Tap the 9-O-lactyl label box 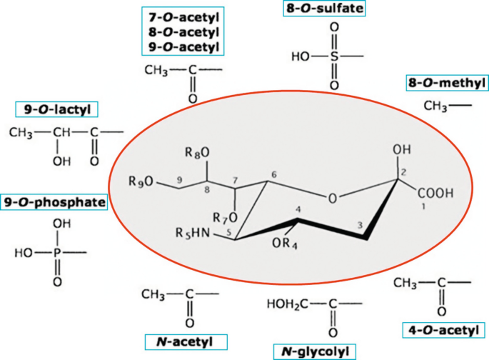(56, 110)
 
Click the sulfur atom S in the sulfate (333, 55)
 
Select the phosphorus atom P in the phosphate (56, 252)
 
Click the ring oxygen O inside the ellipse (331, 196)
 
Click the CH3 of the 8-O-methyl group (435, 106)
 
